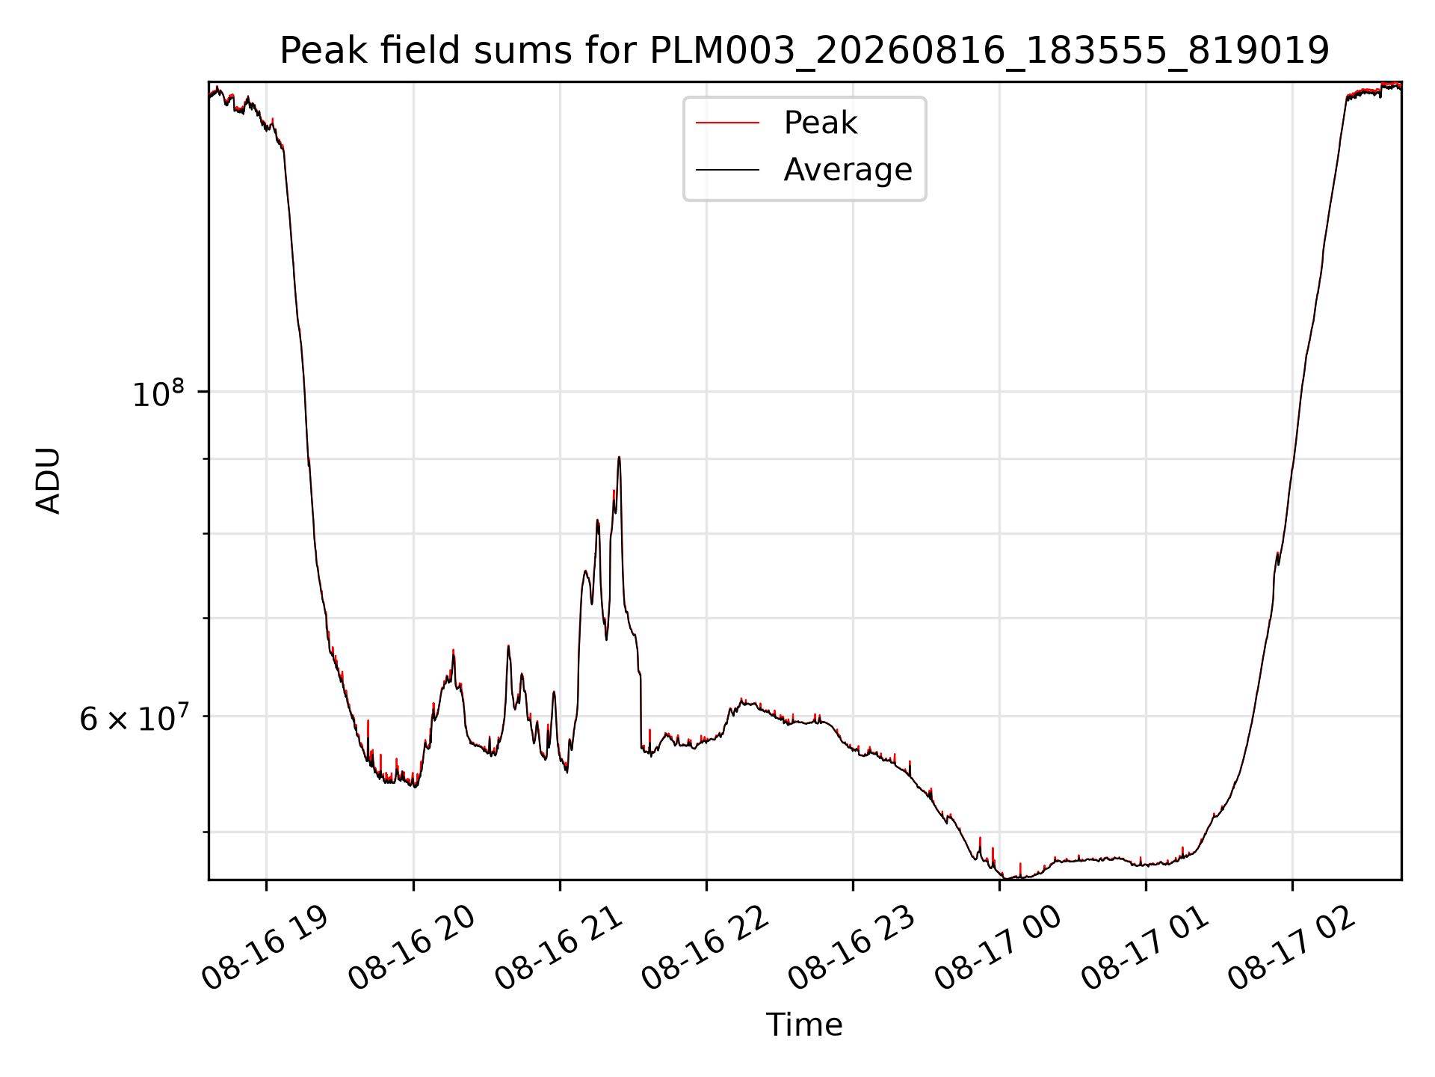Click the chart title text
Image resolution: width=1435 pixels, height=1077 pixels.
[804, 52]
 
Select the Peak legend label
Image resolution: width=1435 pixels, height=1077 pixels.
[820, 123]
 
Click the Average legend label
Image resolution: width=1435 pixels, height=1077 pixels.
[848, 170]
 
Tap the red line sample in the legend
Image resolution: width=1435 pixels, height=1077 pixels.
[727, 123]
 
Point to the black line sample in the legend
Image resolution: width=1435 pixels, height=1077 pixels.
[727, 171]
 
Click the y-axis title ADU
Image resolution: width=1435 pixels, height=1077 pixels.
[49, 480]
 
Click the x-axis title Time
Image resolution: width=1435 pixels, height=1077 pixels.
[804, 1025]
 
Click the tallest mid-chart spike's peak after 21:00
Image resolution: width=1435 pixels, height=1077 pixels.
[619, 457]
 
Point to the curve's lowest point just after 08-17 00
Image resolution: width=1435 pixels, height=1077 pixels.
[1009, 878]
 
